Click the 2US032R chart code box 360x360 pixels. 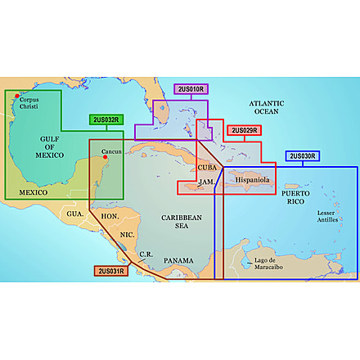click(x=106, y=119)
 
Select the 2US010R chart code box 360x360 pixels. click(x=191, y=88)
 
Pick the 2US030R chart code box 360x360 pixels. click(x=303, y=155)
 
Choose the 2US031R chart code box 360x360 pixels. click(x=111, y=271)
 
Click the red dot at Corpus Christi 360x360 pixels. click(x=17, y=97)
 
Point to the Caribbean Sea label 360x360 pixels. click(x=180, y=223)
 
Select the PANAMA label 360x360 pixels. click(x=178, y=260)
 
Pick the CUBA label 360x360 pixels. click(x=208, y=167)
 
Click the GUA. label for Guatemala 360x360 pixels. click(x=76, y=213)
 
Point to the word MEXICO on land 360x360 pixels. click(x=32, y=192)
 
